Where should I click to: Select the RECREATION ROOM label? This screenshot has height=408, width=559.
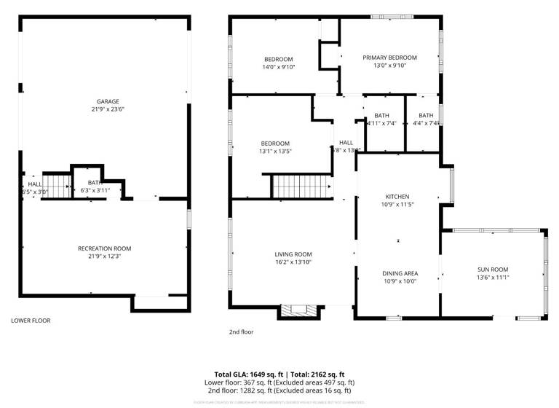(104, 248)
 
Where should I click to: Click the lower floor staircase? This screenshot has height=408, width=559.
(56, 183)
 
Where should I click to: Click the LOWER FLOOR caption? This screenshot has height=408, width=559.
(31, 320)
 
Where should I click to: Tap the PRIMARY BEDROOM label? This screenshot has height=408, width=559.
(389, 58)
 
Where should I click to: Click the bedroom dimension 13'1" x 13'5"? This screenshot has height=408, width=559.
(276, 151)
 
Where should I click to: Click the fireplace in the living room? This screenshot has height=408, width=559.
(299, 311)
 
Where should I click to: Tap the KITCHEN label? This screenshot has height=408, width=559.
(397, 197)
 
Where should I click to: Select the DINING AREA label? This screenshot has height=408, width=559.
(400, 273)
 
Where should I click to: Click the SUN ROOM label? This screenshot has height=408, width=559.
(493, 269)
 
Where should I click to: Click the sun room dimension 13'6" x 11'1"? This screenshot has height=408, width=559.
(493, 277)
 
